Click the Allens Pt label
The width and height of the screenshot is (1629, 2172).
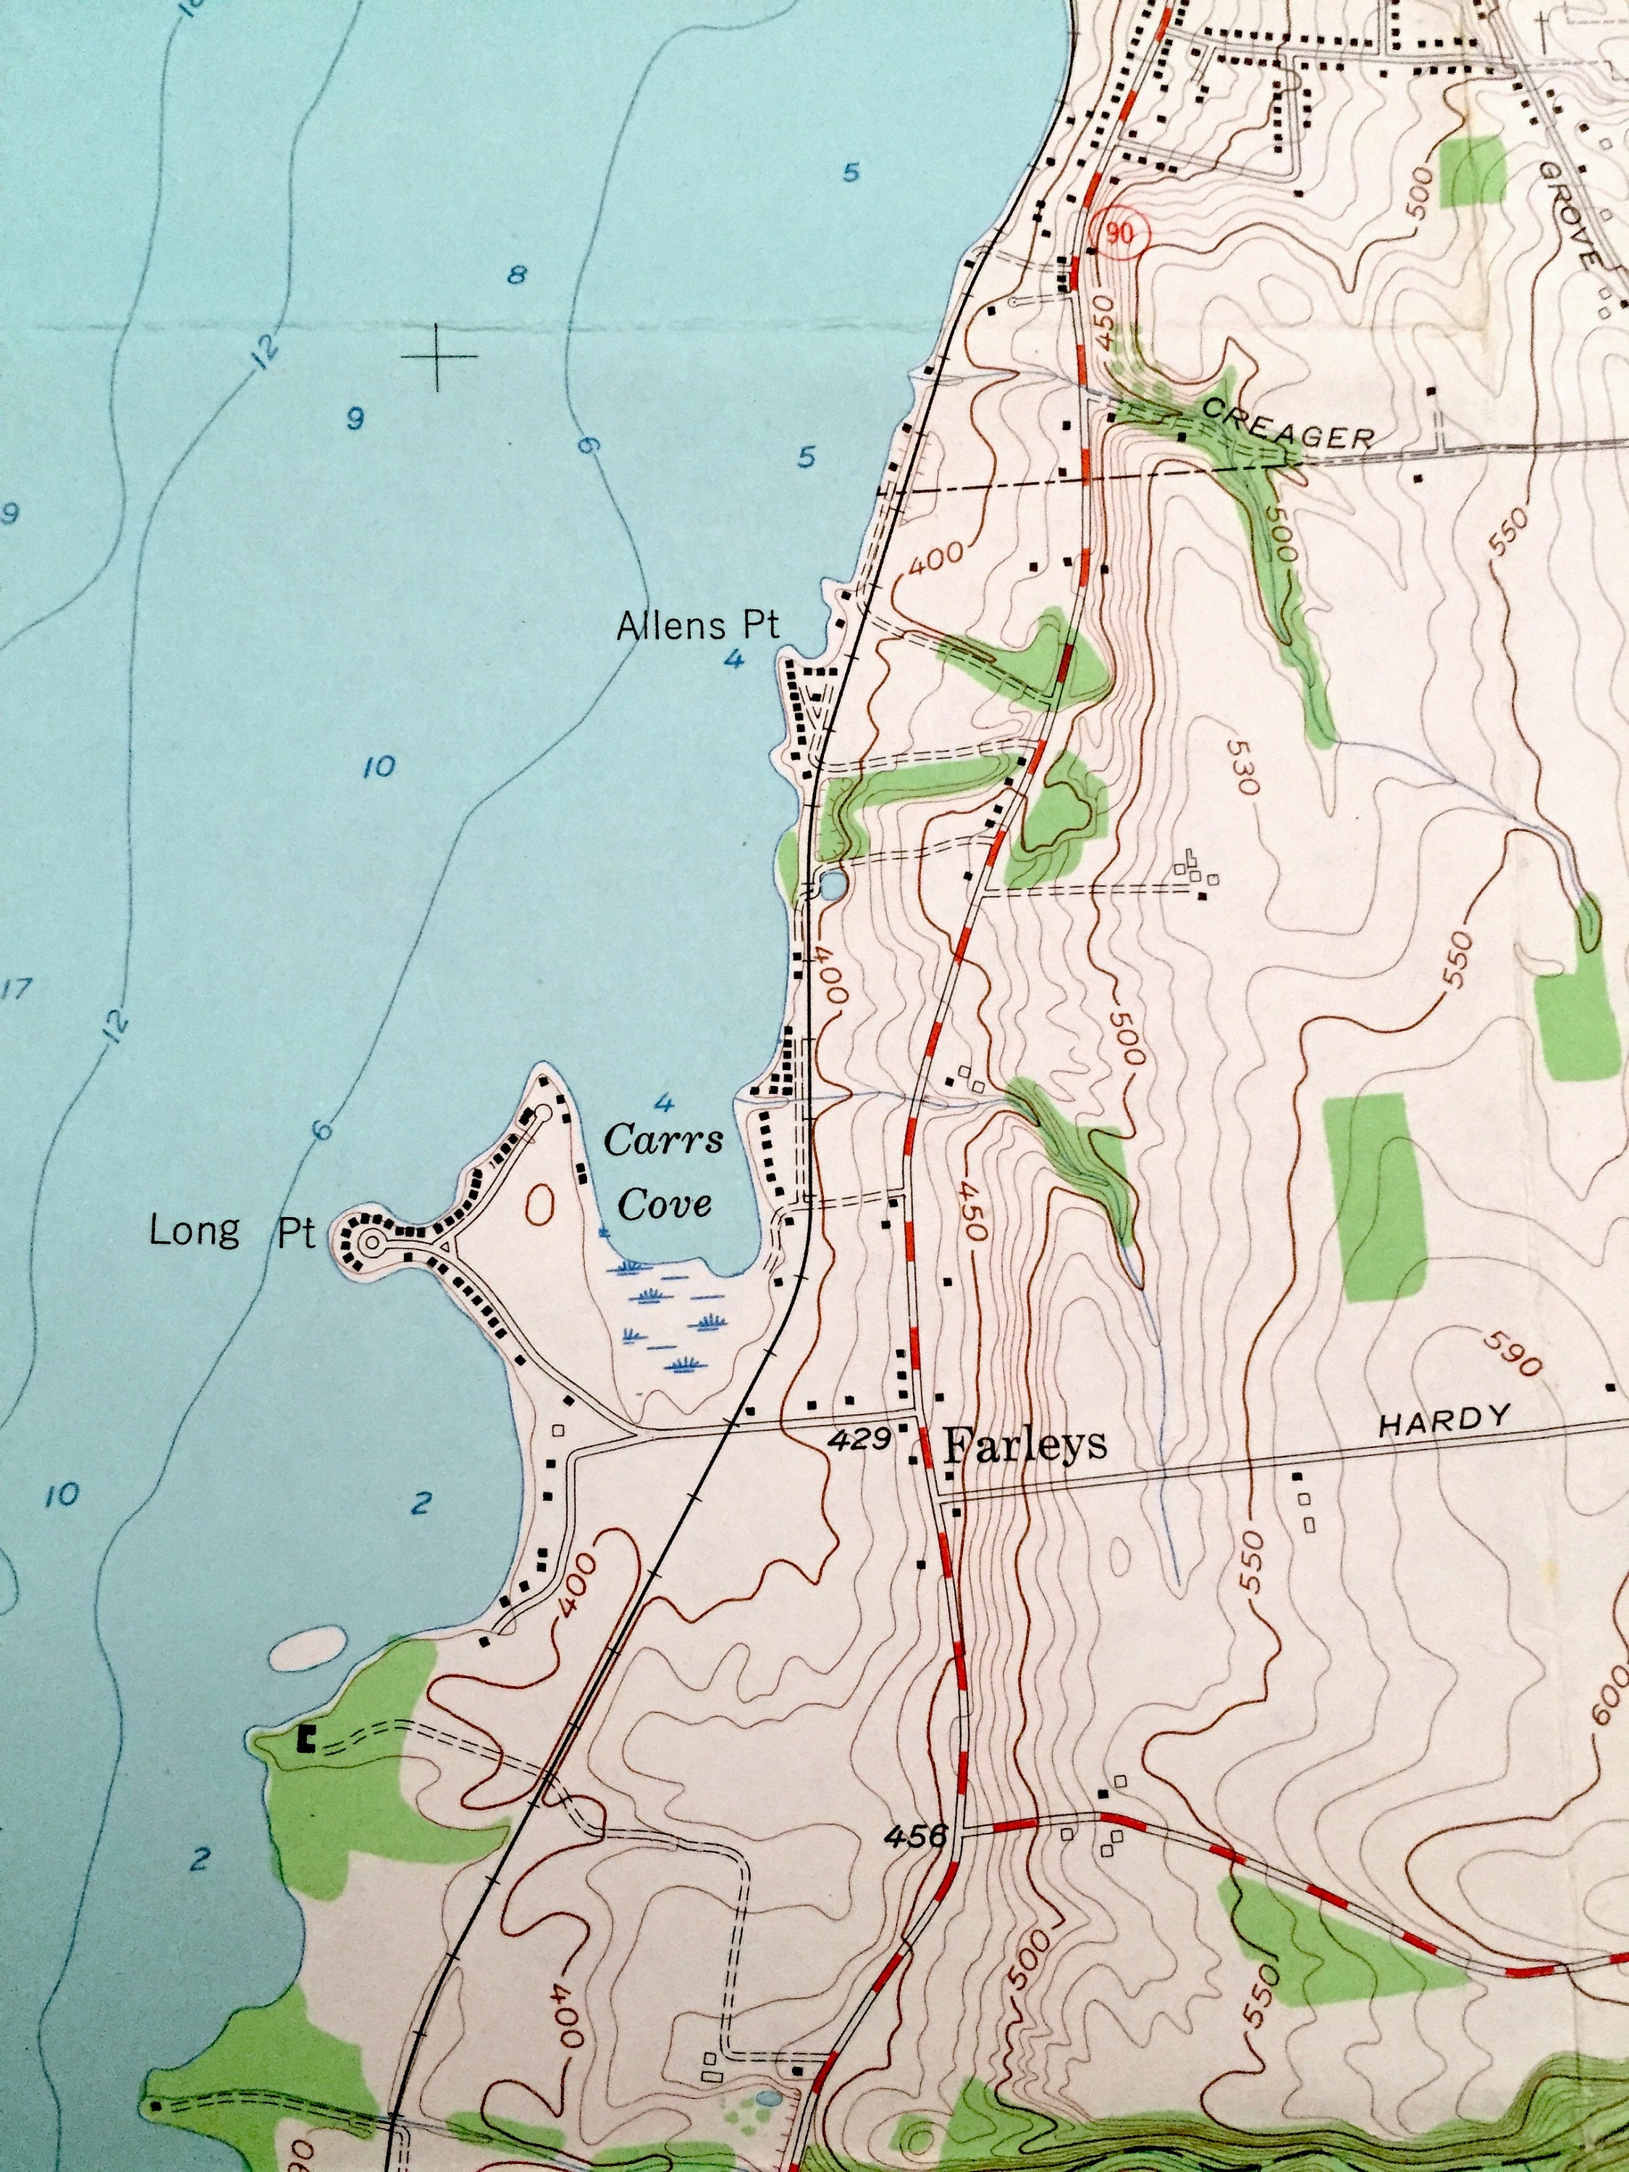[x=697, y=626]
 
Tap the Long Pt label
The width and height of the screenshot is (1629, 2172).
[x=232, y=1232]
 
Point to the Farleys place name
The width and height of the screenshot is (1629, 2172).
[x=1024, y=1444]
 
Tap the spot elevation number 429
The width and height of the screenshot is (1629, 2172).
[x=858, y=1439]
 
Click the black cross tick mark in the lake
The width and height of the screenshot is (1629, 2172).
[x=438, y=356]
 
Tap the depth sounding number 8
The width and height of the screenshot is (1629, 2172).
[x=515, y=275]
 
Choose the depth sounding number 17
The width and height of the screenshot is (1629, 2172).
[x=14, y=989]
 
